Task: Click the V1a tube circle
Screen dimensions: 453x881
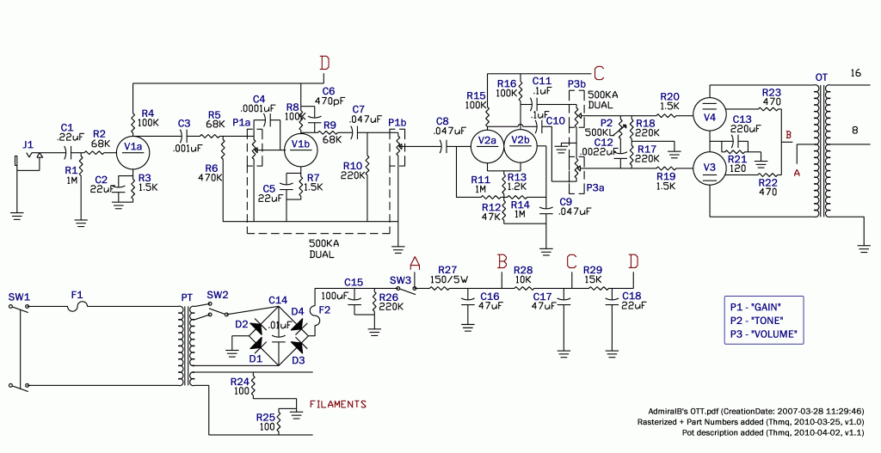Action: (133, 147)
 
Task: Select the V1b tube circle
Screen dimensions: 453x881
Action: (299, 144)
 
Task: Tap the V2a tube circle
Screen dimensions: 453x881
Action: (487, 141)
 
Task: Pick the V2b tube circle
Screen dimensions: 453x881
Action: (519, 141)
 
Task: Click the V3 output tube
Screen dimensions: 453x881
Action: (710, 167)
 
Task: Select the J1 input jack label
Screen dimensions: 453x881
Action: (28, 144)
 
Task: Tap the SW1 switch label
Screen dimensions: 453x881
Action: (19, 297)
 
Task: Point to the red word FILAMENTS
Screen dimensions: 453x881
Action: (338, 404)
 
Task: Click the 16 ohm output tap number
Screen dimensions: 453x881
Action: (855, 73)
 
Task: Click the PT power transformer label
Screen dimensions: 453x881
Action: (187, 297)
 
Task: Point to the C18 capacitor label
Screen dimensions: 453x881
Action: (631, 295)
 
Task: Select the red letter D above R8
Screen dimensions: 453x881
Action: (324, 63)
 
